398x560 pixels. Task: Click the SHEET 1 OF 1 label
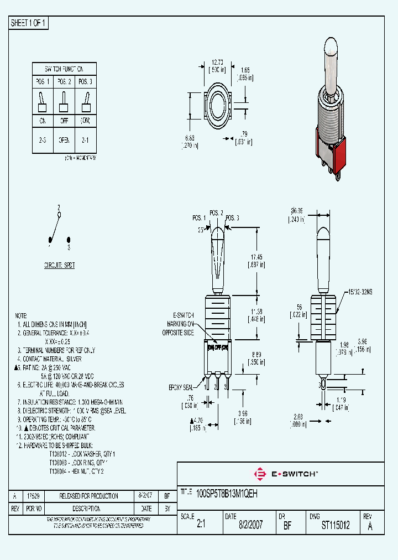pos(29,23)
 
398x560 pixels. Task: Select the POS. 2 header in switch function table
pos(64,82)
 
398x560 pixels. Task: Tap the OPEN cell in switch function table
pos(64,141)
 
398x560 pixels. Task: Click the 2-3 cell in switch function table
pos(43,141)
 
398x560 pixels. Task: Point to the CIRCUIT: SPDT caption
pos(60,266)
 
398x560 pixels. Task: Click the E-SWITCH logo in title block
pos(285,474)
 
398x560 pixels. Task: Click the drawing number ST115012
pos(335,526)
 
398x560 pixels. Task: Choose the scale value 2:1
pos(201,526)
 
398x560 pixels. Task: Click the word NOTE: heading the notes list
pos(21,314)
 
